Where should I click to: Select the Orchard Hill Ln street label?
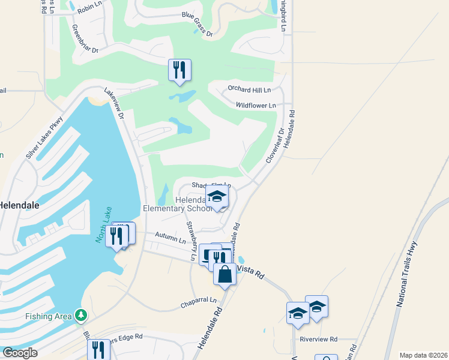[x=249, y=89]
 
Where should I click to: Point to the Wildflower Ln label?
[x=255, y=105]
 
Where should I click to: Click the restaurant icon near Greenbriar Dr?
[x=179, y=70]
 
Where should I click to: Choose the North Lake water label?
[x=101, y=228]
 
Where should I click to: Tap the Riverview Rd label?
[x=319, y=338]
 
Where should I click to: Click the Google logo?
[x=20, y=353]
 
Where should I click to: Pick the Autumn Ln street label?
[x=170, y=238]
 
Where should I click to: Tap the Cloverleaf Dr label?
[x=275, y=146]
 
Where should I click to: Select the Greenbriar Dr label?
[x=85, y=40]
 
